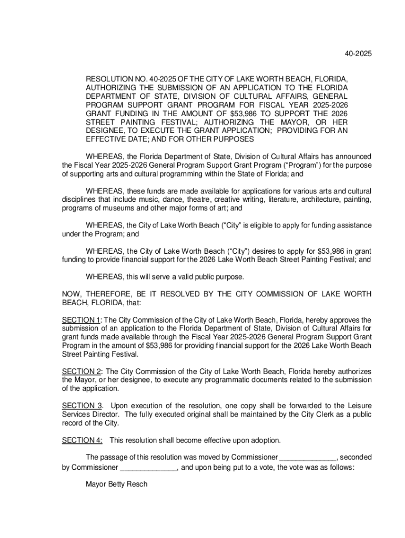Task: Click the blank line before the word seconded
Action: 308,457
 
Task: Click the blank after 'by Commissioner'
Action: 149,467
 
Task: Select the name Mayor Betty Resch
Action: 116,484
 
